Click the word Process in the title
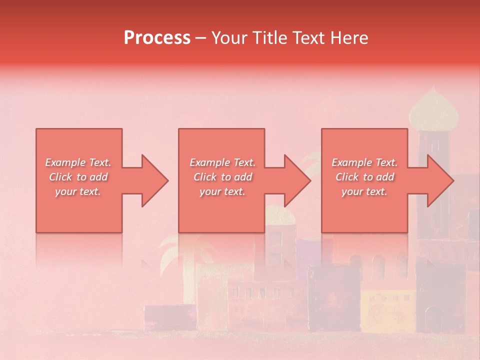(157, 38)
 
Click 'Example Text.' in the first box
(78, 162)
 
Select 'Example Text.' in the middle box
(222, 162)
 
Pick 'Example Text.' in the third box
(364, 162)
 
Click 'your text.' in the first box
(78, 191)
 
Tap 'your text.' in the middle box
(222, 191)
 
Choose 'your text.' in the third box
(364, 191)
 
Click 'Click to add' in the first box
(78, 177)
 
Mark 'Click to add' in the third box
(364, 177)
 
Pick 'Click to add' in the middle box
(222, 177)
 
